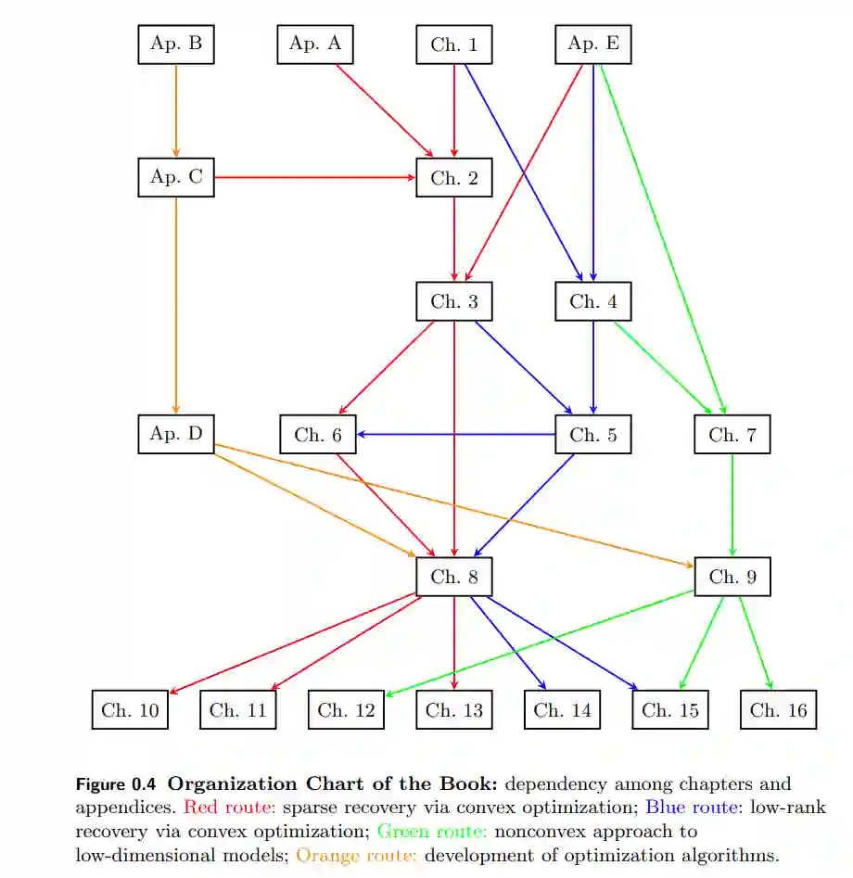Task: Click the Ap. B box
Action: tap(176, 44)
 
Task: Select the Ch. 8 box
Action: tap(454, 577)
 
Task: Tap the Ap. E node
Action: tap(593, 44)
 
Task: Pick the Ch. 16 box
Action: tap(779, 710)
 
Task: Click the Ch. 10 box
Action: tap(130, 710)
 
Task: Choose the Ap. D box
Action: tap(176, 434)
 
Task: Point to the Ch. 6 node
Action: tap(318, 435)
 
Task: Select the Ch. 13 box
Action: tap(454, 710)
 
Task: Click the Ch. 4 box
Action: tap(593, 301)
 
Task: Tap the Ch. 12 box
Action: tap(346, 710)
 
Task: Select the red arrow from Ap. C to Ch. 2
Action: tap(315, 177)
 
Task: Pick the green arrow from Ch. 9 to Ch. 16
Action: tap(756, 643)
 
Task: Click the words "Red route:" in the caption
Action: tap(230, 808)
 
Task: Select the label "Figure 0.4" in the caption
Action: tap(117, 784)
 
